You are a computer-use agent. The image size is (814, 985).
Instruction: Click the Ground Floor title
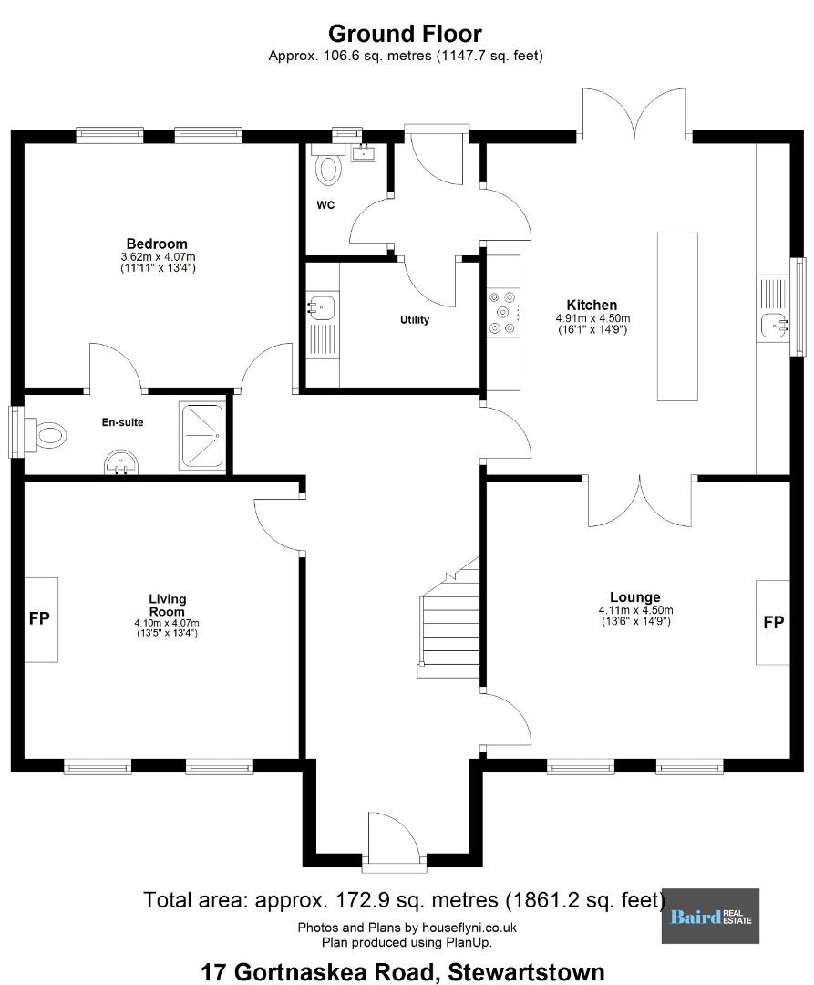coord(405,34)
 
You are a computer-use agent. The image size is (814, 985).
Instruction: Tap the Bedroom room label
coord(157,244)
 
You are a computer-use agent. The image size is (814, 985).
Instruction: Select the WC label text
coord(325,205)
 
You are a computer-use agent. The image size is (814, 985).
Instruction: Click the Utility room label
coord(415,320)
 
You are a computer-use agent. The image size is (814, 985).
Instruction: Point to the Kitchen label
coord(592,305)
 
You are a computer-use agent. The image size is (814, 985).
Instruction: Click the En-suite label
coord(122,422)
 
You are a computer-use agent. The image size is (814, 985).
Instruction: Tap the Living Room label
coord(167,605)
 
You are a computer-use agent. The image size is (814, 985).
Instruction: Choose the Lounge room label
coord(635,596)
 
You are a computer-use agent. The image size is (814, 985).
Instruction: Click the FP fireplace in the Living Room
coord(41,619)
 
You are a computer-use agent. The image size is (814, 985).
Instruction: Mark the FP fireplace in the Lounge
coord(773,622)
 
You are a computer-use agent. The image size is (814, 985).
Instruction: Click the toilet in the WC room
coord(327,165)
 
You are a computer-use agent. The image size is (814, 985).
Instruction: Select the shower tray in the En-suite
coord(201,436)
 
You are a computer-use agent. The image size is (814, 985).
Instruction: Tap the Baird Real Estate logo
coord(710,916)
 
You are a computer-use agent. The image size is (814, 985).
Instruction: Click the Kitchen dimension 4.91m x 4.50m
coord(592,318)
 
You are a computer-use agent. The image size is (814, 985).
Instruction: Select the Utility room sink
coord(322,308)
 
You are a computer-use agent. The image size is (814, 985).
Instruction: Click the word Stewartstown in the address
coord(526,972)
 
